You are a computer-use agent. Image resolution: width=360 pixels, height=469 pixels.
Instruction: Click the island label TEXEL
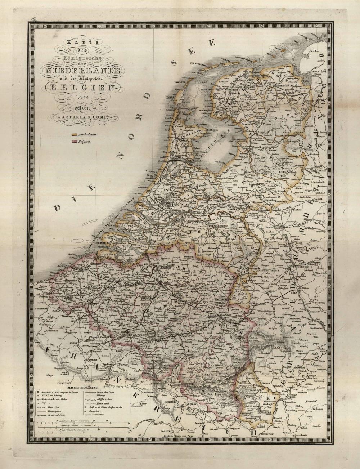coord(171,97)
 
